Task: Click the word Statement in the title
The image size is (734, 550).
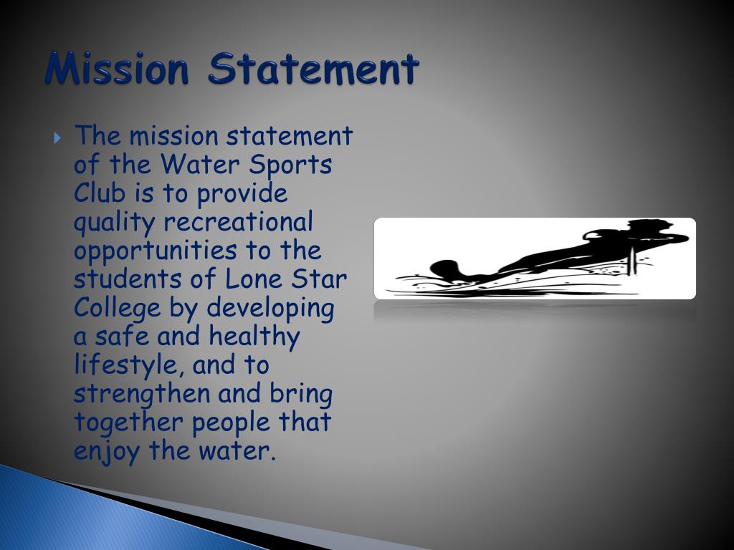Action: coord(313,70)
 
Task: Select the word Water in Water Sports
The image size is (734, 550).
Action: coord(200,165)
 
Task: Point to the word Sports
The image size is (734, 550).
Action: coord(290,165)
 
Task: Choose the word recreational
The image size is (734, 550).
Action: coord(238,222)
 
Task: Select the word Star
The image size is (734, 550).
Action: coord(320,279)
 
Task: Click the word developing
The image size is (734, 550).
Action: coord(271,309)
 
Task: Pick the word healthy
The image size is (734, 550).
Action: coord(254,337)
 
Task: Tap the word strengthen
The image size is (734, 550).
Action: coord(142,395)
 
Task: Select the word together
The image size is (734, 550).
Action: coord(128,423)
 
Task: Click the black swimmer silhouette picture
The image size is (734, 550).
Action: coord(535,259)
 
